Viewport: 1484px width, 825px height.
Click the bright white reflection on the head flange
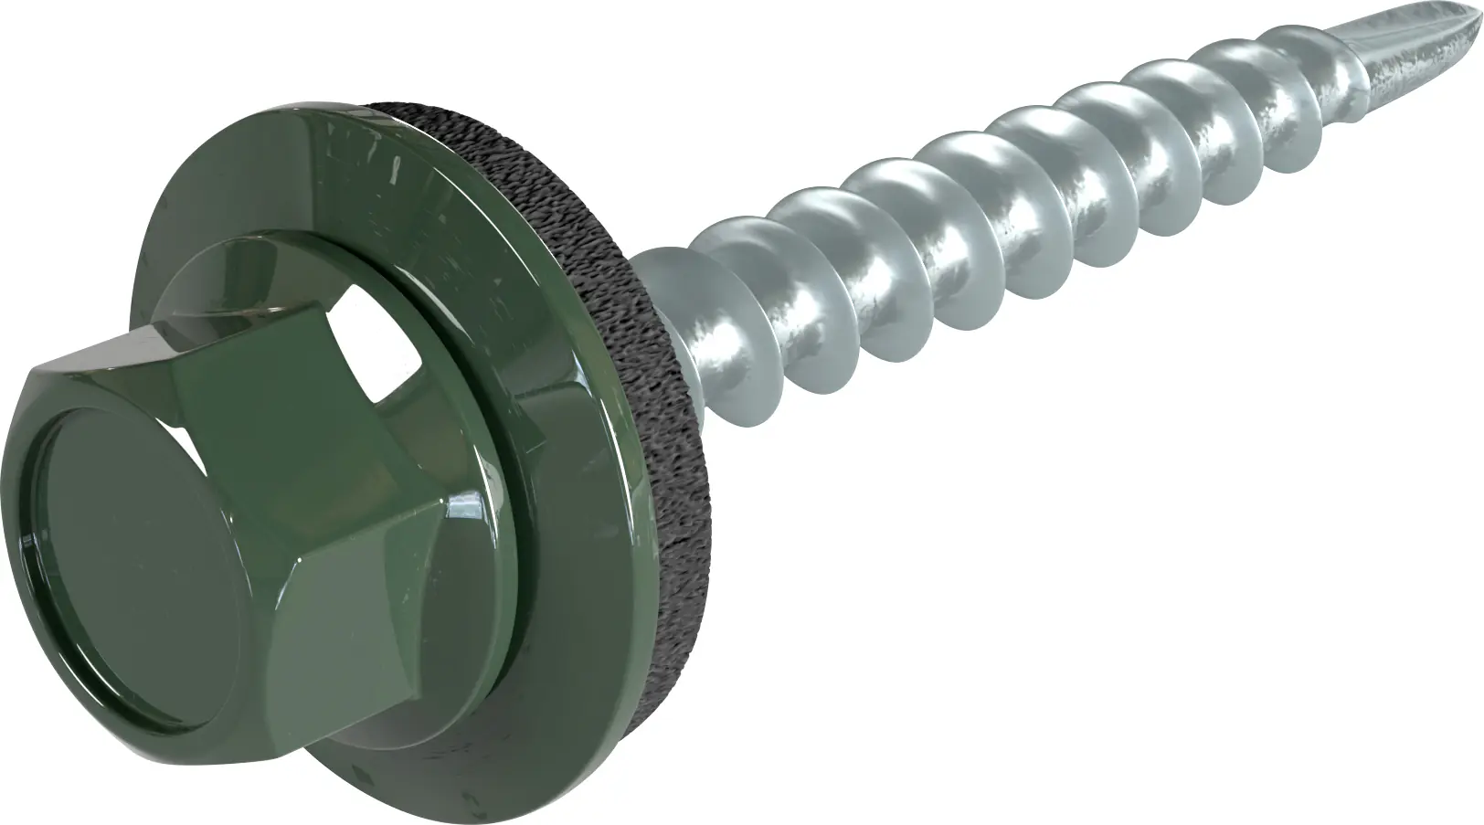tap(366, 365)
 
